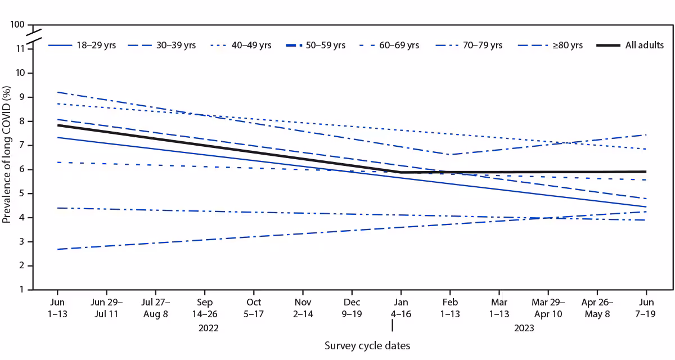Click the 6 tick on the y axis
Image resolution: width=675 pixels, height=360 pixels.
pyautogui.click(x=22, y=169)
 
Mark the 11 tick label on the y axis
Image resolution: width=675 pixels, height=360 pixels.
pyautogui.click(x=21, y=49)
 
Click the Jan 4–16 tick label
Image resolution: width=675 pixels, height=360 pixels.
pyautogui.click(x=400, y=308)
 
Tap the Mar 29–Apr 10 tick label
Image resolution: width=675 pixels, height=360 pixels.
pyautogui.click(x=548, y=308)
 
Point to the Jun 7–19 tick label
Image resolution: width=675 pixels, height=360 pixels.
pyautogui.click(x=646, y=308)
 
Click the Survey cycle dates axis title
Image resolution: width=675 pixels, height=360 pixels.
pyautogui.click(x=367, y=346)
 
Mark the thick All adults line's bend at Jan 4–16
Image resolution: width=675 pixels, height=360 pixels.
pyautogui.click(x=400, y=172)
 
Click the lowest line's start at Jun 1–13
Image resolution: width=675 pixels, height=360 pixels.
pyautogui.click(x=57, y=249)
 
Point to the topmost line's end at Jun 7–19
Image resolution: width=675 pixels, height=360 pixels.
pyautogui.click(x=646, y=135)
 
